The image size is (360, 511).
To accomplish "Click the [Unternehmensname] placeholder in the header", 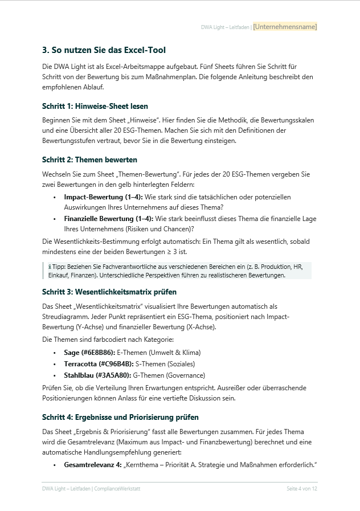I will point(285,27).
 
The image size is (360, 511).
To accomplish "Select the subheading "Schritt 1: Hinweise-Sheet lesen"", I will point(95,106).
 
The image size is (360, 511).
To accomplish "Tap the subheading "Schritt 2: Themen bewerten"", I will point(89,160).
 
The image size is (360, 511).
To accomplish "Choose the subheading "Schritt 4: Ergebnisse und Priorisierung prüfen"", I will point(120,417).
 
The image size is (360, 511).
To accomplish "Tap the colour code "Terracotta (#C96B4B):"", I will point(99,364).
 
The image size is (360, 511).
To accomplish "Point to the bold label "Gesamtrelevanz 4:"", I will point(92,465).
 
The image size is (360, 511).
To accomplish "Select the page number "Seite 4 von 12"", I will point(302,489).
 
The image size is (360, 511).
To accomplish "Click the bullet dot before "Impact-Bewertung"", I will point(54,197).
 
